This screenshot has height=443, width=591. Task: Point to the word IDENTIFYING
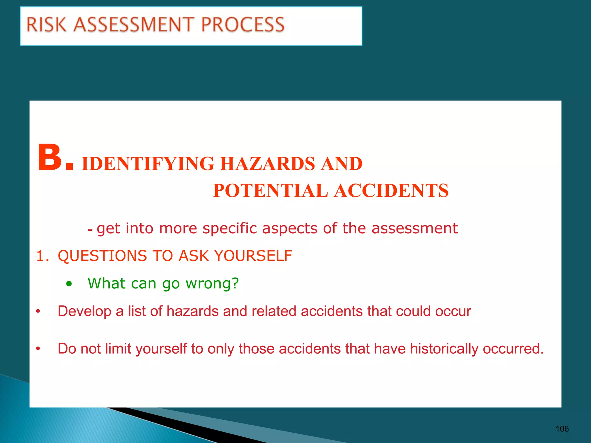click(148, 164)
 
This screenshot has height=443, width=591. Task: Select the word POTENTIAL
click(270, 191)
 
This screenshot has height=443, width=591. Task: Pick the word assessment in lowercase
click(414, 228)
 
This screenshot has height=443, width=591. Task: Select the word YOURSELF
click(253, 256)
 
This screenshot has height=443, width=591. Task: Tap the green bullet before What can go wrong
click(69, 284)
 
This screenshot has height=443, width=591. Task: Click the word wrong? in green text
click(212, 284)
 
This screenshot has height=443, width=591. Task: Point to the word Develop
click(85, 311)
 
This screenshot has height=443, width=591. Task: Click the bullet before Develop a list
click(38, 311)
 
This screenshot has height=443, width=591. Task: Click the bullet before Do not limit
click(38, 349)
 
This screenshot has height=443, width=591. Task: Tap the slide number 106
click(562, 429)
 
